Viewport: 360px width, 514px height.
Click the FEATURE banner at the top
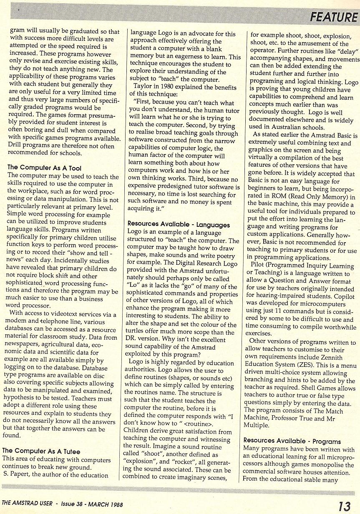[x=333, y=18]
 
